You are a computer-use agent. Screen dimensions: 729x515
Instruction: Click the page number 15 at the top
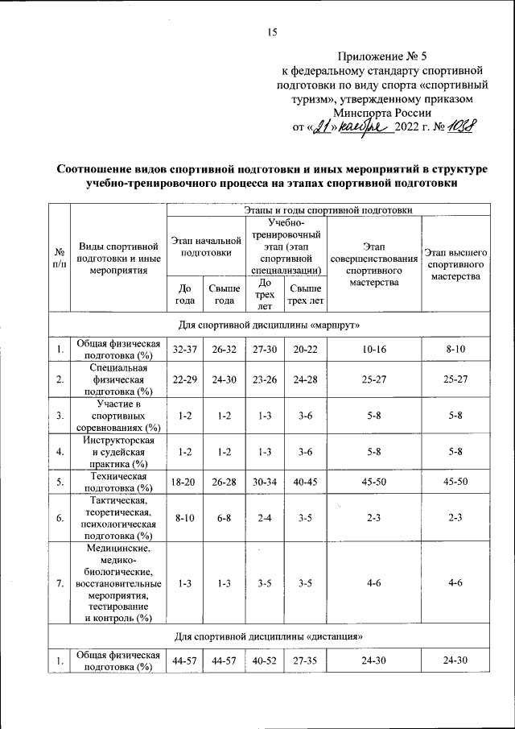271,32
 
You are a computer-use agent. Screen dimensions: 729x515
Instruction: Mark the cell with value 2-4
262,518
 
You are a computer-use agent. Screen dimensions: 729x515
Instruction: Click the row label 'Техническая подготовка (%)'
121,483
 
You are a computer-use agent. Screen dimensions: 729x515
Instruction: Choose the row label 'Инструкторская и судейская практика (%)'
121,452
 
